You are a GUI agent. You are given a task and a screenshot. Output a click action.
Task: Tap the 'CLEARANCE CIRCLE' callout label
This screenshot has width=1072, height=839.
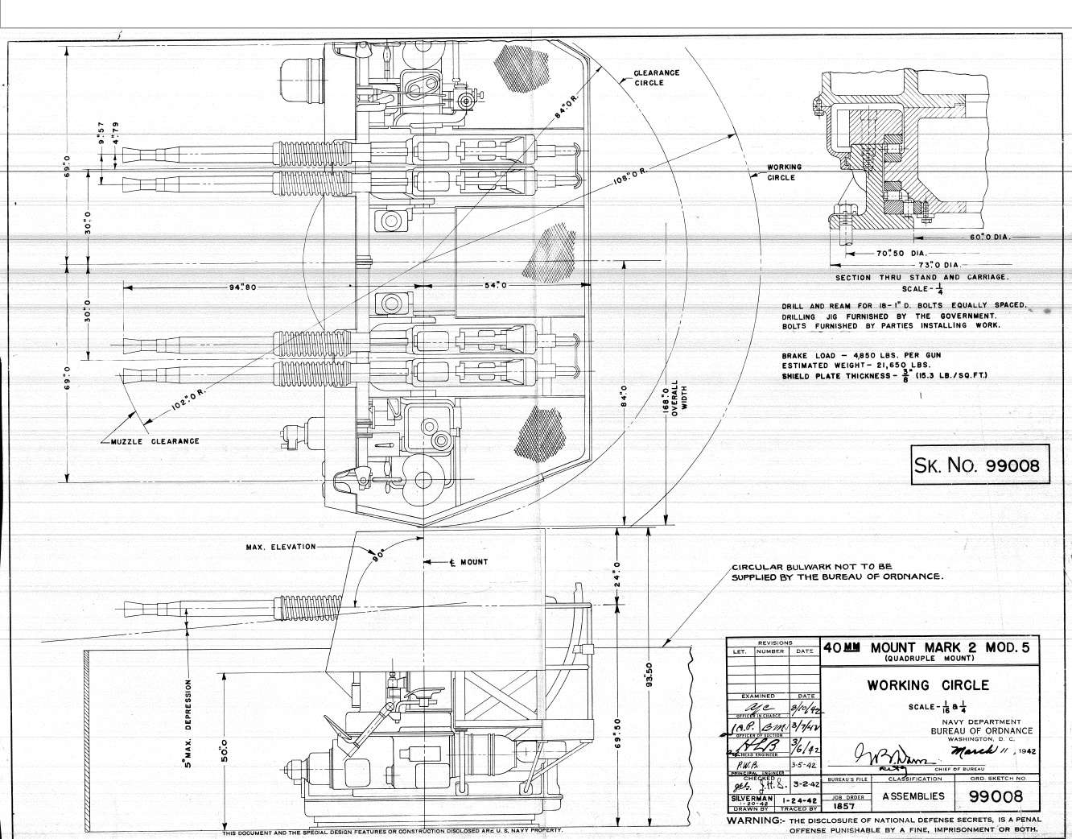tap(657, 77)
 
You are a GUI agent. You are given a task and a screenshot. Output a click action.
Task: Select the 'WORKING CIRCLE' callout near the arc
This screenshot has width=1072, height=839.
tap(783, 172)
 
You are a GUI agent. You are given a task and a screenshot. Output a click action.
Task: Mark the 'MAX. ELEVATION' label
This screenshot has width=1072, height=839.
tap(281, 547)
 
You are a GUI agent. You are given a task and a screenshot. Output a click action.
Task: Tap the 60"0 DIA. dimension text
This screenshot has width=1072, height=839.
tap(988, 238)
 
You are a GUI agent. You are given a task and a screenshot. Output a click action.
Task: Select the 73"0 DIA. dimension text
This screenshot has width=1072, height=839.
tap(938, 264)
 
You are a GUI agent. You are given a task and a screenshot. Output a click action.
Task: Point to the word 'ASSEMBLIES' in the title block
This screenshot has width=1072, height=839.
tap(913, 796)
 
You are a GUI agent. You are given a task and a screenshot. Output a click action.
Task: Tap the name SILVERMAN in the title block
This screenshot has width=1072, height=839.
tap(752, 798)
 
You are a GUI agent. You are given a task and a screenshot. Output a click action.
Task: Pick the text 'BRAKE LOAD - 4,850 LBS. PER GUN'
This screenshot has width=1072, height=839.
tap(860, 355)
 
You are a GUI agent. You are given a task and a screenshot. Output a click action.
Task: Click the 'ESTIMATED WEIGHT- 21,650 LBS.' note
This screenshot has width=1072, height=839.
tap(856, 366)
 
